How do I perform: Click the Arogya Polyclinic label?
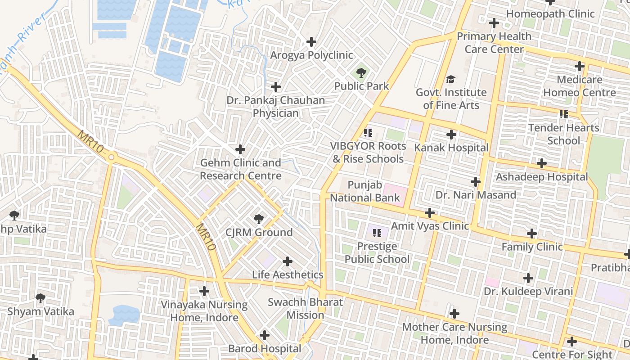(x=311, y=55)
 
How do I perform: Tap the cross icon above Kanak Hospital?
(x=451, y=135)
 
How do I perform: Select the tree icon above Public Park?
(x=361, y=72)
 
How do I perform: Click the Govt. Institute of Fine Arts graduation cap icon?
(x=450, y=80)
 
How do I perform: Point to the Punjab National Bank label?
(x=365, y=191)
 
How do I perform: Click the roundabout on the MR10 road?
(x=112, y=157)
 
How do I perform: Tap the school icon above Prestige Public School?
(x=377, y=233)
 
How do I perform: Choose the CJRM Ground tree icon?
(x=258, y=219)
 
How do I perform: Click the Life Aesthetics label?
(x=288, y=274)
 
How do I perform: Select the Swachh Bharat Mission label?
(x=305, y=308)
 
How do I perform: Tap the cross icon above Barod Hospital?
(x=265, y=335)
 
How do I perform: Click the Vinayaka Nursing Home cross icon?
(x=204, y=291)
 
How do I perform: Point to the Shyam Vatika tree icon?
(x=40, y=298)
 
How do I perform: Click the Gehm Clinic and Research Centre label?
(x=241, y=169)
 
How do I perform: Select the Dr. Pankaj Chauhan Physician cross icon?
(x=276, y=87)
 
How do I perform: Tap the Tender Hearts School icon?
(x=563, y=114)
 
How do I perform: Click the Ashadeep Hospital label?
(x=542, y=177)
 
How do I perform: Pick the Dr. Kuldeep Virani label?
(x=528, y=291)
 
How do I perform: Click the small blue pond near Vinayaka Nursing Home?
(x=124, y=315)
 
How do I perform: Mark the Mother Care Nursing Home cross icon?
(x=454, y=313)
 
